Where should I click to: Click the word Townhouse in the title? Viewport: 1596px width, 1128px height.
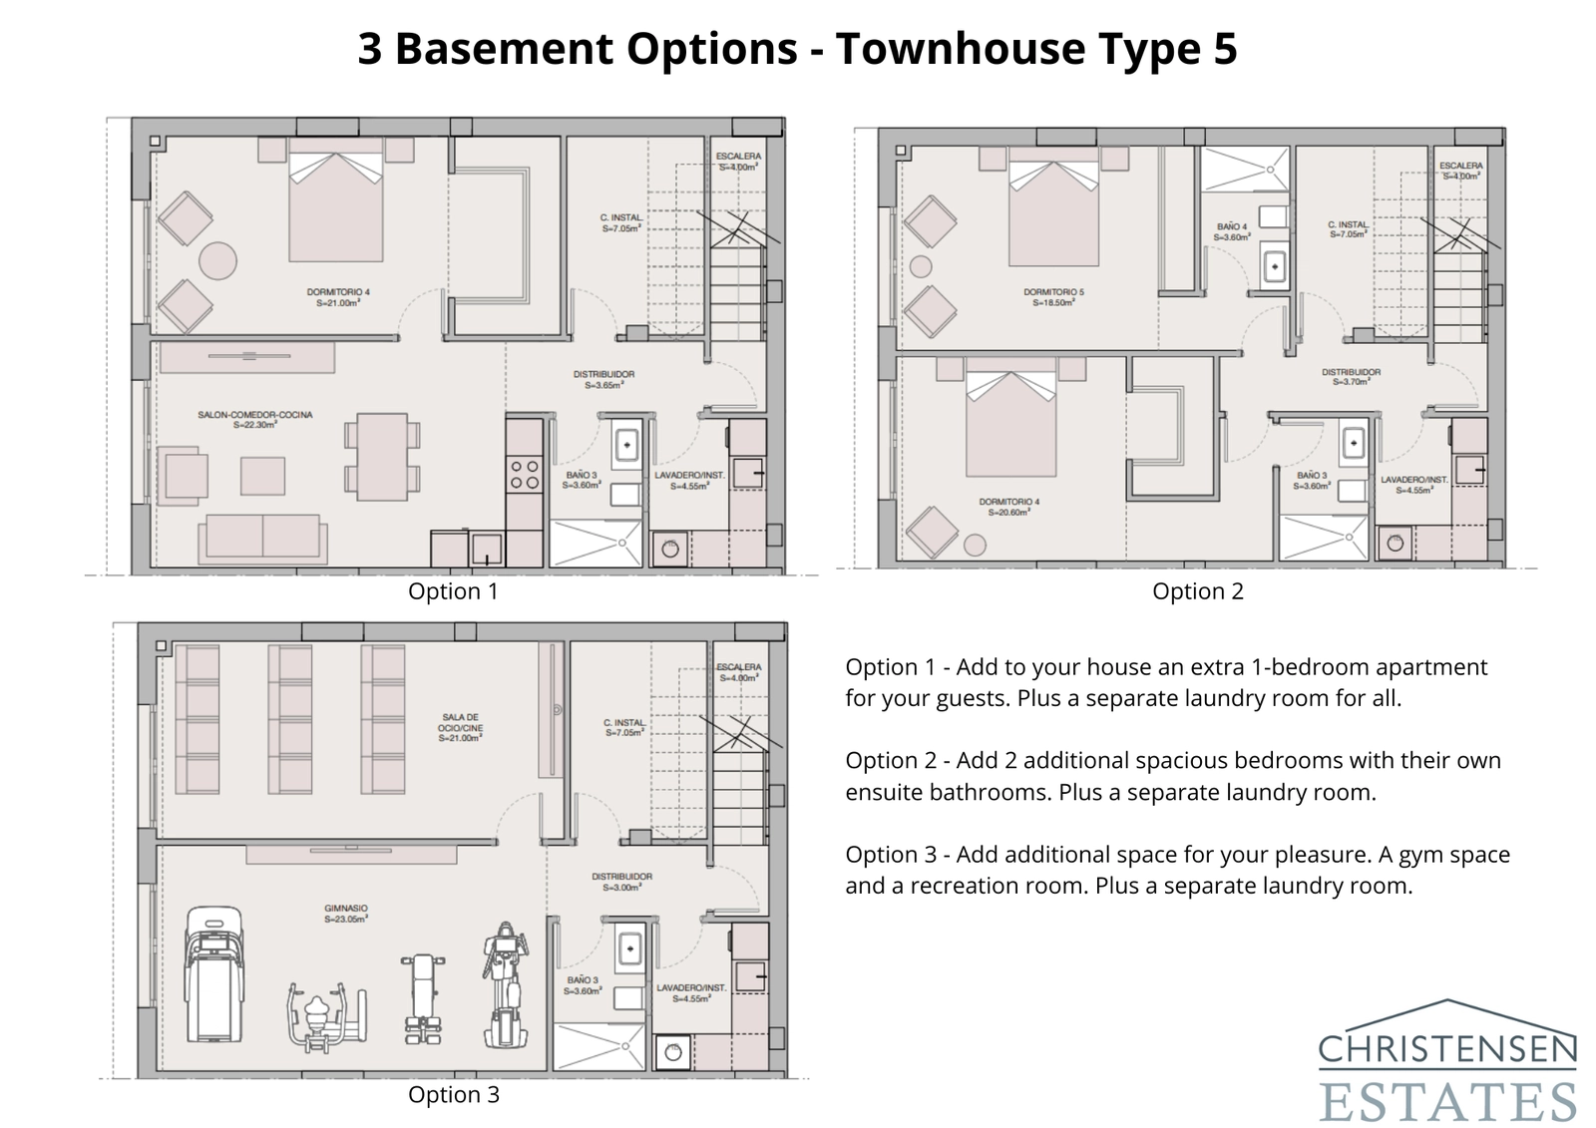tap(946, 48)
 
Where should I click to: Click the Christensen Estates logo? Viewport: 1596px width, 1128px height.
tap(1446, 1061)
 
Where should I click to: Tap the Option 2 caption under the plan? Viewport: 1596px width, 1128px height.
tap(1197, 591)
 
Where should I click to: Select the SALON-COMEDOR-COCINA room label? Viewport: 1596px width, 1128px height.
tap(254, 419)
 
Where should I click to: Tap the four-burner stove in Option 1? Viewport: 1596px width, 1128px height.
tap(525, 475)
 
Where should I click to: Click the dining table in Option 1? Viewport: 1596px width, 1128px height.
tap(382, 457)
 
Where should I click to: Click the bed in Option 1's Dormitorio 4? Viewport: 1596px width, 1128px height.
tap(336, 205)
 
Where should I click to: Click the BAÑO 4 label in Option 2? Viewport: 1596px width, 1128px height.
tap(1232, 231)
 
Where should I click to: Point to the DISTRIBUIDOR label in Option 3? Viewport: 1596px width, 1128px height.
tap(621, 881)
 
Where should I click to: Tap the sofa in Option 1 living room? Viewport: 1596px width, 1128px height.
tap(261, 539)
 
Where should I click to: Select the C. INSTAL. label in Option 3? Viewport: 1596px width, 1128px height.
tap(623, 727)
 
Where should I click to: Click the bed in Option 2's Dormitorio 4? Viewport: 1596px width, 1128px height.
tap(1010, 424)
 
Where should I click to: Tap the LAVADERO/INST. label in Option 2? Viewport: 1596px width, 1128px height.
tap(1414, 485)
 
